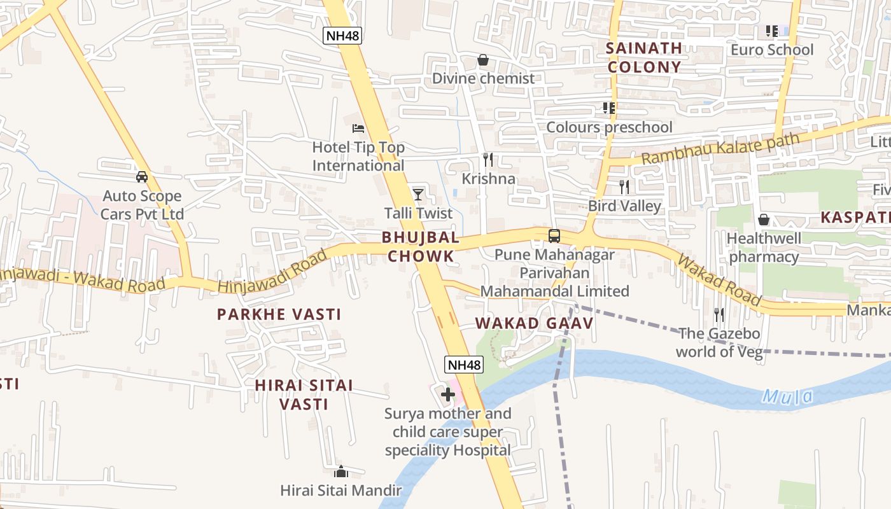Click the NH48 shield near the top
[342, 35]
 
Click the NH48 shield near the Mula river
[463, 365]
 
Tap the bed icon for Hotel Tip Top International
[358, 129]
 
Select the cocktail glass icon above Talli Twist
[418, 194]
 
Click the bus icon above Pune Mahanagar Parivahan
[554, 236]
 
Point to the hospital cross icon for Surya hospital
[448, 394]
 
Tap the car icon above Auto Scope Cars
[142, 177]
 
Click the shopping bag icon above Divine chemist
[483, 60]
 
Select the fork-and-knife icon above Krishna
[488, 160]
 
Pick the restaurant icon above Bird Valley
[624, 187]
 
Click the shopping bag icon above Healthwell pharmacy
[764, 220]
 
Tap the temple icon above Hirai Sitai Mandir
[341, 472]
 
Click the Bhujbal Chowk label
[420, 247]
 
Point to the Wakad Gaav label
[534, 323]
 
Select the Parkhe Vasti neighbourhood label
[279, 314]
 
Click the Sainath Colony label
[643, 57]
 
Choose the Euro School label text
[772, 50]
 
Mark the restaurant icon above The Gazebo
[719, 314]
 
